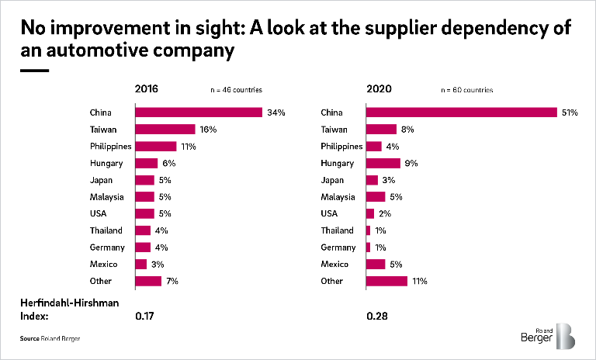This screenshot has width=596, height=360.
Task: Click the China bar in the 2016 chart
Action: point(199,112)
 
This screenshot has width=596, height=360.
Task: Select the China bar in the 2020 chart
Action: point(461,112)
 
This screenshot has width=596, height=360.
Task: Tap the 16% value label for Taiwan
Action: point(207,130)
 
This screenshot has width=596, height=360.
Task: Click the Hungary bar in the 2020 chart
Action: point(383,163)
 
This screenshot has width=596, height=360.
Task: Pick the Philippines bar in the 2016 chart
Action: point(155,146)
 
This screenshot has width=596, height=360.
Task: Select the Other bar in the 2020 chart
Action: point(386,281)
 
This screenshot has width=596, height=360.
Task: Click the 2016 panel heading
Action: point(147,89)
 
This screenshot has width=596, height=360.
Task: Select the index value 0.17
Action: point(145,317)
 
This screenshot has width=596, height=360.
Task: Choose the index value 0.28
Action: point(376,317)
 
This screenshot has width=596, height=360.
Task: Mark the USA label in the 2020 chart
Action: point(329,213)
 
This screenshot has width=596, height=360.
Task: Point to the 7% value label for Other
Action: point(172,281)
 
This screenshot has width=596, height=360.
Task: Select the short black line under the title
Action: point(34,70)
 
